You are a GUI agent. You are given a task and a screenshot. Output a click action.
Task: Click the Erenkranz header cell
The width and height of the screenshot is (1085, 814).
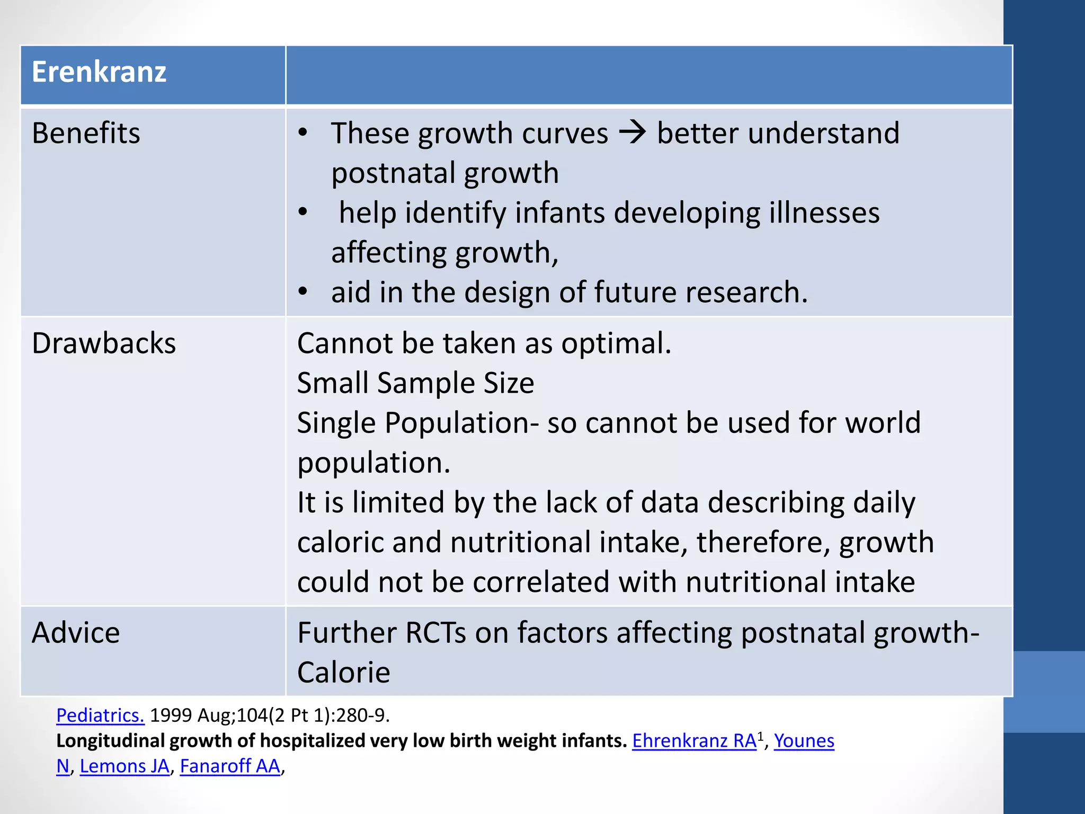(99, 72)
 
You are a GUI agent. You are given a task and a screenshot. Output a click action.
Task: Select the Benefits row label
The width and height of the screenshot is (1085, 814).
(86, 133)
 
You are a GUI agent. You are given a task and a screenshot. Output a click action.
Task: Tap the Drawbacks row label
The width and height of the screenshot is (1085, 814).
(103, 343)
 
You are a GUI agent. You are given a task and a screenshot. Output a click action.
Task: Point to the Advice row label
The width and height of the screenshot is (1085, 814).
(76, 633)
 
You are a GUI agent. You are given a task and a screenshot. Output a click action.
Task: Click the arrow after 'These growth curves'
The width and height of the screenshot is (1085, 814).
(633, 132)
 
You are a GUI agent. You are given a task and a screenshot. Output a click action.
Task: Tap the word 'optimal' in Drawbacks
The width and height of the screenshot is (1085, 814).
(615, 343)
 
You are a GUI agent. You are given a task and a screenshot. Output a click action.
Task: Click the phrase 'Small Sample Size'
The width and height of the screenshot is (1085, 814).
(415, 383)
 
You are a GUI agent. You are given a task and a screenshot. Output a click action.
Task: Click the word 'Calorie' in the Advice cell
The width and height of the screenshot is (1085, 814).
(343, 673)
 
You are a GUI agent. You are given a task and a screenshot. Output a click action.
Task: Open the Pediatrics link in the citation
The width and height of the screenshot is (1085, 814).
(100, 715)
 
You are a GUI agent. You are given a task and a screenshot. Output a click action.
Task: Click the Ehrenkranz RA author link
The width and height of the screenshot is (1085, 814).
(694, 741)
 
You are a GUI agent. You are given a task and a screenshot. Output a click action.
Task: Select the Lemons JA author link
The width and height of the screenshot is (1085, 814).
(124, 766)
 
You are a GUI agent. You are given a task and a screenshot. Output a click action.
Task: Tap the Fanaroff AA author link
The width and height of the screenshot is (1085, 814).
(230, 766)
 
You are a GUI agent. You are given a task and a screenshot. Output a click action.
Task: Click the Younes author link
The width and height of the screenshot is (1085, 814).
(804, 741)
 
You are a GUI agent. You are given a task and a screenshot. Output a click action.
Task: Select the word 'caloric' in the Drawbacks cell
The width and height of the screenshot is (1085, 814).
(340, 543)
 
